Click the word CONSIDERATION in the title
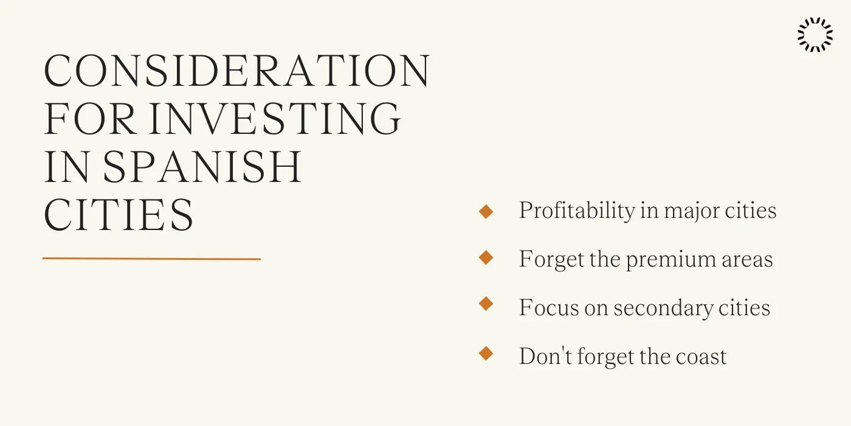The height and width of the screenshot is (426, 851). click(x=237, y=71)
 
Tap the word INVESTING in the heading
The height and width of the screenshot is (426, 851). click(x=275, y=118)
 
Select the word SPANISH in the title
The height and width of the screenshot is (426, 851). click(x=202, y=166)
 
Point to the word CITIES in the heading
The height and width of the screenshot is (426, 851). click(x=119, y=214)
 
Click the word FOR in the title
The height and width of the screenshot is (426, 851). click(x=91, y=118)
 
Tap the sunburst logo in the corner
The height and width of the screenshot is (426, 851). click(x=815, y=35)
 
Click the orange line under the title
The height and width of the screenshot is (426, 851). click(x=151, y=259)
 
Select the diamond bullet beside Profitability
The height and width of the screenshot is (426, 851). click(x=486, y=212)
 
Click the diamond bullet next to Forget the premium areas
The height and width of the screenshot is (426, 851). click(x=486, y=258)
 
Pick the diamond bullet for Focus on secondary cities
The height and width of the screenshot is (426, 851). click(x=486, y=304)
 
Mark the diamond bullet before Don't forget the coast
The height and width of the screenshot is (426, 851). click(x=486, y=354)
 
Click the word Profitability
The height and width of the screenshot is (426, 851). click(x=577, y=211)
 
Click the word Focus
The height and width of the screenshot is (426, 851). click(x=549, y=308)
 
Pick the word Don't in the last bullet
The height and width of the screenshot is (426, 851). click(x=545, y=357)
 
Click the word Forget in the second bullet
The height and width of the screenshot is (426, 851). click(x=551, y=260)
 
